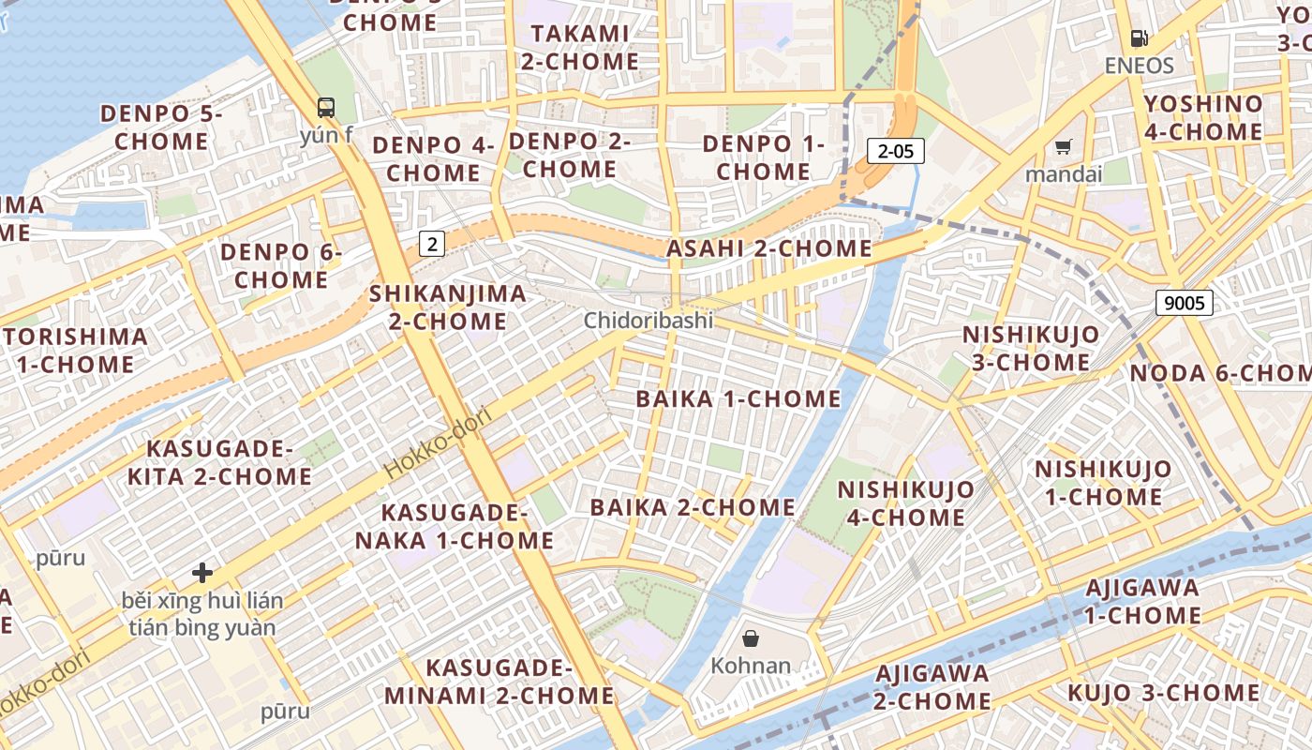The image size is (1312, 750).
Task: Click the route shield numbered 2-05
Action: [x=896, y=151]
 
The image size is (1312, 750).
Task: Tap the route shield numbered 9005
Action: [x=1185, y=302]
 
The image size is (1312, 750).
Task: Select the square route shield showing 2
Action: [x=431, y=244]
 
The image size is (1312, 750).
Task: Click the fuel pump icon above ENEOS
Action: [x=1140, y=38]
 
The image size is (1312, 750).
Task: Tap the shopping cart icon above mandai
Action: [x=1063, y=146]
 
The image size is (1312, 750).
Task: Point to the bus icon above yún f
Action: [x=326, y=108]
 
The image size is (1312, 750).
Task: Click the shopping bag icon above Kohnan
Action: [x=751, y=639]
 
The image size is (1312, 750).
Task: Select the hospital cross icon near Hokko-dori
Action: [x=202, y=572]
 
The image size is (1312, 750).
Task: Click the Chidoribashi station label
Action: [x=649, y=321]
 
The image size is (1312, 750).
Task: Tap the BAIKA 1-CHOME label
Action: [x=738, y=399]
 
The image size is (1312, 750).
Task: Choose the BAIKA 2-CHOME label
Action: [x=693, y=508]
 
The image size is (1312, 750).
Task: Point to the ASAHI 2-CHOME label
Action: [x=768, y=249]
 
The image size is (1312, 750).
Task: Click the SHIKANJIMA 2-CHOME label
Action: [x=448, y=307]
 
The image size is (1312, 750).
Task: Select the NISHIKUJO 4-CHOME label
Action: [x=905, y=503]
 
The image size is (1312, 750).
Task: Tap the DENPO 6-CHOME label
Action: [x=281, y=266]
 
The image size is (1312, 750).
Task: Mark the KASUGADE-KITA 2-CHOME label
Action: [x=219, y=462]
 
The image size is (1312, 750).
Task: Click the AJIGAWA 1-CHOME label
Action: [x=1142, y=602]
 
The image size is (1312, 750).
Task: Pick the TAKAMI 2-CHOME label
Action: [x=580, y=48]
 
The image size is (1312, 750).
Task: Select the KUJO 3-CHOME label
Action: [x=1164, y=694]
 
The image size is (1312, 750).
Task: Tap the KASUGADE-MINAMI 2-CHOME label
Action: [x=499, y=682]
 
